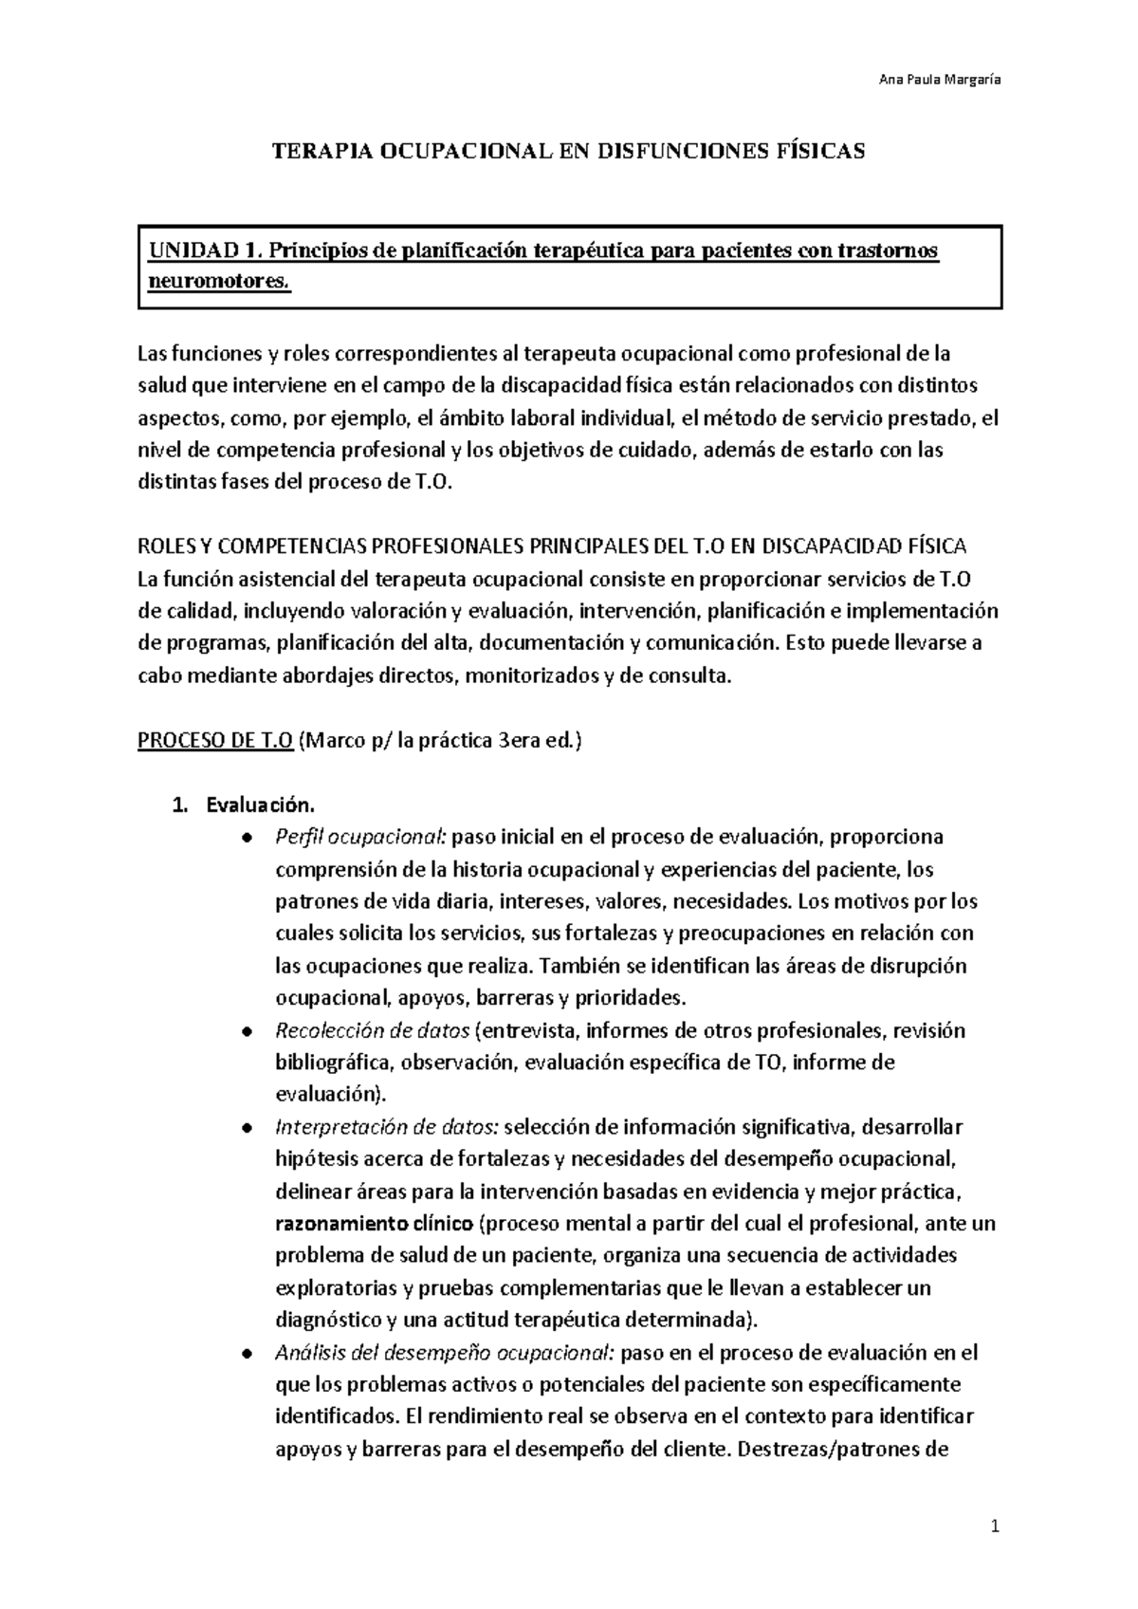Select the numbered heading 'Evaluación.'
[259, 805]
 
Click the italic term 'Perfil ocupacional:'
[361, 837]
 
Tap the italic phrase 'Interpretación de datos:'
[386, 1127]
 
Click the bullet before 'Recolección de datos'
[248, 1031]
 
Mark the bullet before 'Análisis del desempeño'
[248, 1353]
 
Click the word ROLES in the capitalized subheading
[168, 547]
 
